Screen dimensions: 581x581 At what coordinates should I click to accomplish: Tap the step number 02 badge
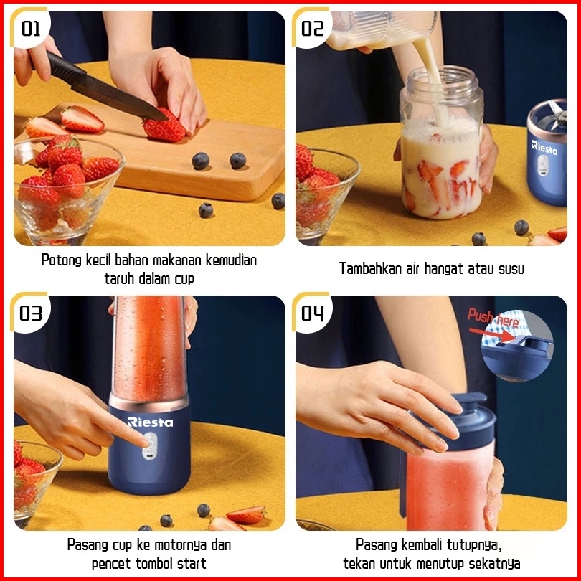(x=312, y=28)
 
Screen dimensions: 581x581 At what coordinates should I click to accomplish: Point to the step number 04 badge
(x=312, y=313)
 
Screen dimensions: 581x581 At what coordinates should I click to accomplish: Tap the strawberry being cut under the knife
(x=164, y=127)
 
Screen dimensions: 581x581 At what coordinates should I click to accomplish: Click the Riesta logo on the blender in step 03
(x=150, y=422)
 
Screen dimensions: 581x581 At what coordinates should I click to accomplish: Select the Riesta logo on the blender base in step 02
(x=544, y=148)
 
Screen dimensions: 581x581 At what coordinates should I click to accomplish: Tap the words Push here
(x=493, y=318)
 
